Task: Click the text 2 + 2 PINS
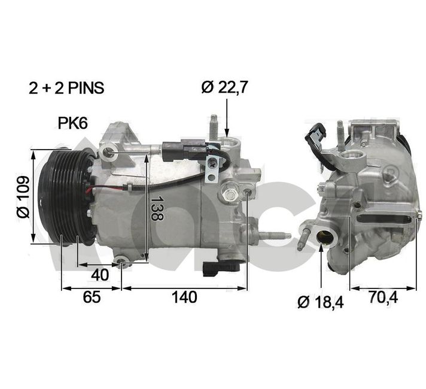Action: click(x=66, y=88)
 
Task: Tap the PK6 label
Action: click(x=72, y=123)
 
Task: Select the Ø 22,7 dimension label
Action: click(x=225, y=87)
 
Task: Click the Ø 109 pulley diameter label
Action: click(x=24, y=196)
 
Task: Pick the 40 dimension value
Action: click(x=100, y=275)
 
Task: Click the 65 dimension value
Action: click(x=92, y=297)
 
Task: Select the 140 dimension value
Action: click(x=184, y=297)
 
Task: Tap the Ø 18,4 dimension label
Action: click(x=321, y=302)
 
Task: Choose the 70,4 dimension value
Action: click(x=383, y=297)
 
